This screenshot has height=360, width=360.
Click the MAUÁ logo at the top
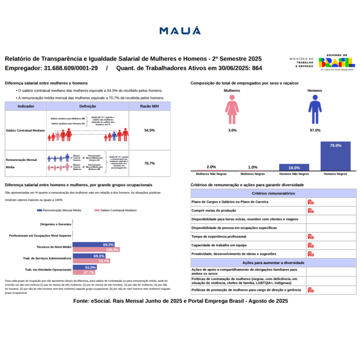(x=180, y=31)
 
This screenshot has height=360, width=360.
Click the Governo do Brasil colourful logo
(x=336, y=62)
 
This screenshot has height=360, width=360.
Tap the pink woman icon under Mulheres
(x=232, y=109)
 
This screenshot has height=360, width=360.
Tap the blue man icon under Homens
(x=315, y=109)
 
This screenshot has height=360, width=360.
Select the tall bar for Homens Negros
(x=335, y=156)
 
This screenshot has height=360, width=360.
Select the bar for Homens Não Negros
(x=294, y=167)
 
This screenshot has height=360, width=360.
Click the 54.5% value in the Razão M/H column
(x=149, y=130)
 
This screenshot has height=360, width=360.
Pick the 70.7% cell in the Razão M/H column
(x=149, y=163)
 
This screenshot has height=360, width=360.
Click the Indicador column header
(x=26, y=106)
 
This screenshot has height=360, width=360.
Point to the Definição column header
(x=88, y=106)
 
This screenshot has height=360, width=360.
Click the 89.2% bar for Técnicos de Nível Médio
(x=94, y=245)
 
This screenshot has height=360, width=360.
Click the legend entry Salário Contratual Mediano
(x=116, y=210)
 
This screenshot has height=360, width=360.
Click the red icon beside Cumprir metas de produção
(x=310, y=211)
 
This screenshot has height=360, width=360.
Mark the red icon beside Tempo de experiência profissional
(x=310, y=237)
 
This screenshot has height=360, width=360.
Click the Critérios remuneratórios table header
(x=273, y=193)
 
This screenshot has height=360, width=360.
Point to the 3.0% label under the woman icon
(x=232, y=130)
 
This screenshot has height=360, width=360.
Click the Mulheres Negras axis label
(x=252, y=174)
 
